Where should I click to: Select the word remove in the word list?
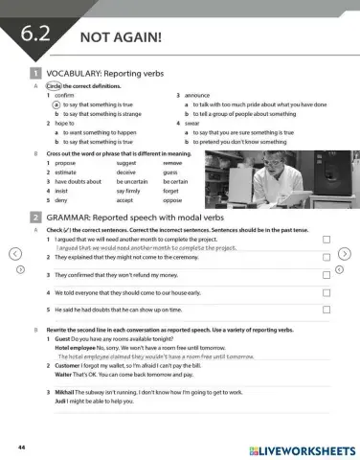coord(172,163)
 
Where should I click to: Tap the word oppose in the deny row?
coord(172,198)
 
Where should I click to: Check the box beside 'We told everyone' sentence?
coord(326,292)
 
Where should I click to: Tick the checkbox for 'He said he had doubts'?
coord(326,310)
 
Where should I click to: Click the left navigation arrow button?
coord(14,254)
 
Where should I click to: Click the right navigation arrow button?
coord(346,254)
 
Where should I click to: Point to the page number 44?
coord(20,447)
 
